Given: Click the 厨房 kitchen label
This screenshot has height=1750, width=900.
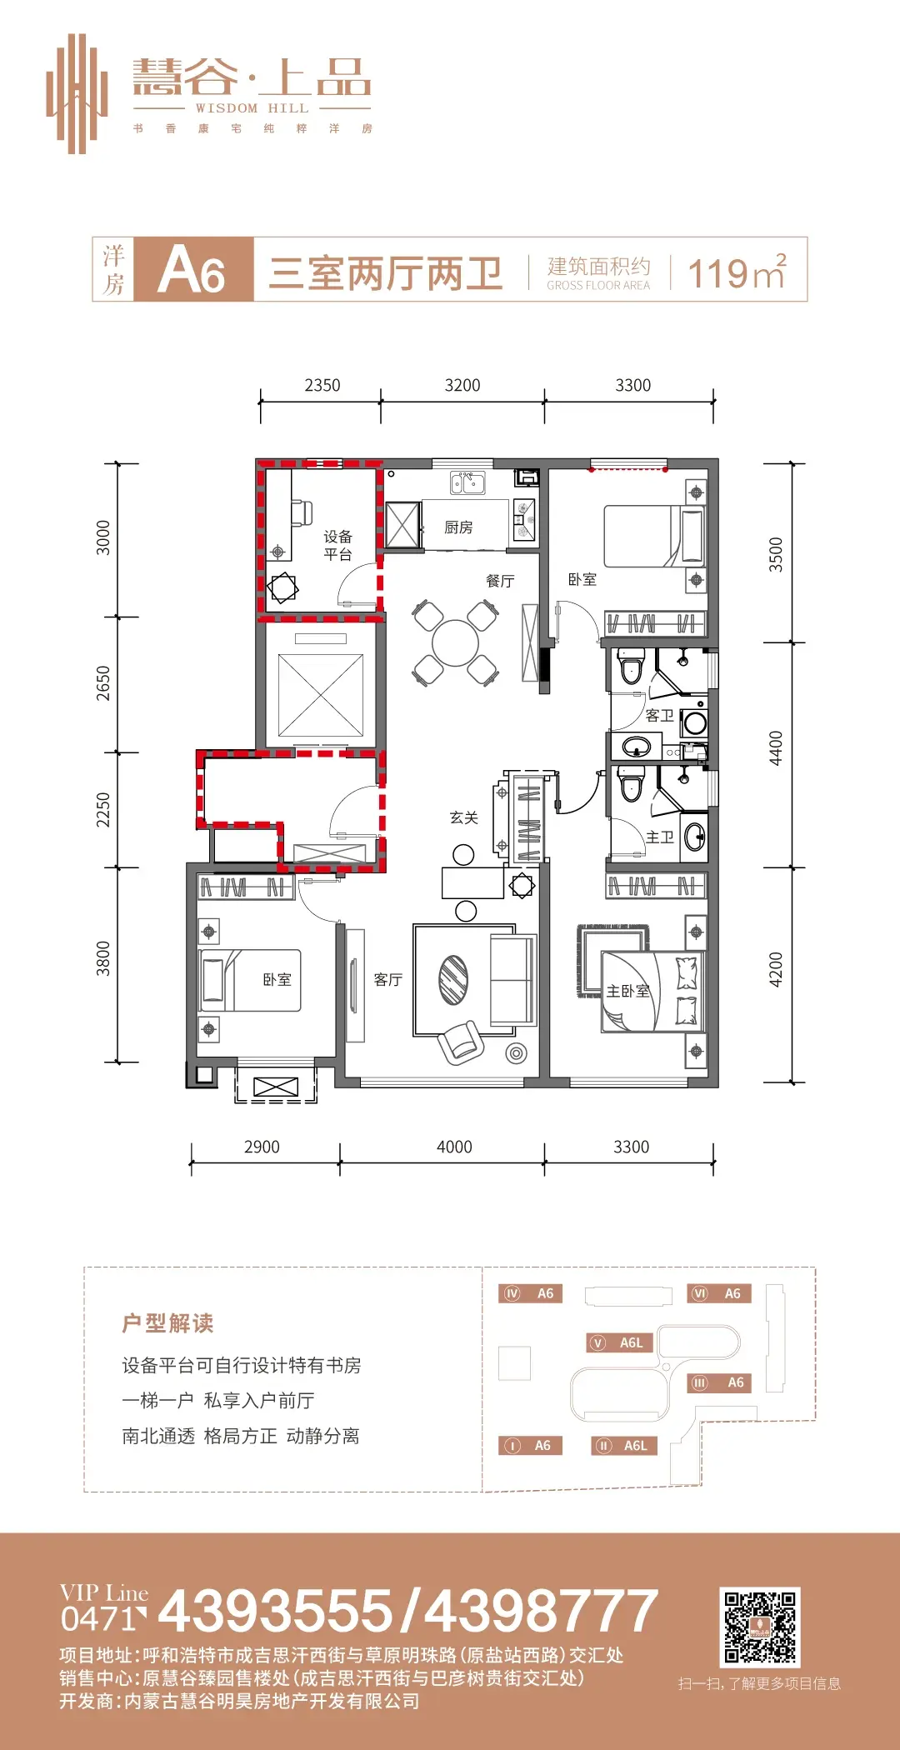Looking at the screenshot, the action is (458, 527).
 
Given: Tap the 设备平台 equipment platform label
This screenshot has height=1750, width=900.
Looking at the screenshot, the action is (338, 545).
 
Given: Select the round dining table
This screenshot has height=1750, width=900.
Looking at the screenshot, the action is (456, 643).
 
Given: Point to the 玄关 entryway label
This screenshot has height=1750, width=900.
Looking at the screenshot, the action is (464, 817).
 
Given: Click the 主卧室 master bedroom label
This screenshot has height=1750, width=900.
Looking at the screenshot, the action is (627, 991).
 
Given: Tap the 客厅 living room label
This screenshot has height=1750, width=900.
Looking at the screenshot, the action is (388, 979).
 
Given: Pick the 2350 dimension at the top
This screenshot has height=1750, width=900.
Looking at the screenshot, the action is (322, 385).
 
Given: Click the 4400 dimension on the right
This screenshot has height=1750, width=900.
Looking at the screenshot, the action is (776, 748).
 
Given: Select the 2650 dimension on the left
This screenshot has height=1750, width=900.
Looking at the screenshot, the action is (102, 683).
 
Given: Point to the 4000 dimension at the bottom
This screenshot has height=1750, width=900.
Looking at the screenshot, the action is (454, 1147).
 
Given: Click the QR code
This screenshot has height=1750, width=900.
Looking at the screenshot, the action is (760, 1627).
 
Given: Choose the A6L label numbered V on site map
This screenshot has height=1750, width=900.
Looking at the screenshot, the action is (621, 1342).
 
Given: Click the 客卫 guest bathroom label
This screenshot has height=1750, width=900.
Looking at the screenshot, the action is (659, 715).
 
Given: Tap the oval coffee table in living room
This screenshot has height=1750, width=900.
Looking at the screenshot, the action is (454, 979).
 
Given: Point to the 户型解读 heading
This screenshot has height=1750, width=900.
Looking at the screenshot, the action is (167, 1323).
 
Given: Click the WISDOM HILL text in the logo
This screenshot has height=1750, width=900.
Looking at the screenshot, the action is (252, 108).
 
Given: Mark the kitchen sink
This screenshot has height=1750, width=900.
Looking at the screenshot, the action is (467, 482).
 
